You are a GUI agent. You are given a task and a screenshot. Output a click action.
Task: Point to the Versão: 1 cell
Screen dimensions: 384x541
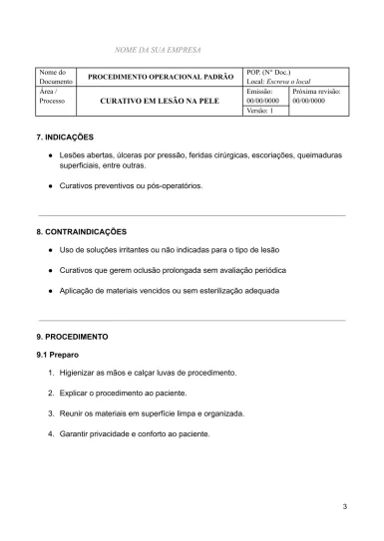tap(266, 111)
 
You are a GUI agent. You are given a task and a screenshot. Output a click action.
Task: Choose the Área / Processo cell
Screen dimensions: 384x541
tap(53, 96)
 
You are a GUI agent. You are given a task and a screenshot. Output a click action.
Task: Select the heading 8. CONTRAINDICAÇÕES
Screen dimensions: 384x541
tap(81, 231)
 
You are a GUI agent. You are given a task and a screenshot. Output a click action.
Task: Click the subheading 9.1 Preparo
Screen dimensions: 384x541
tap(58, 354)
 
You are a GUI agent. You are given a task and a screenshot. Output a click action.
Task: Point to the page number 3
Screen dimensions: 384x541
tap(344, 509)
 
